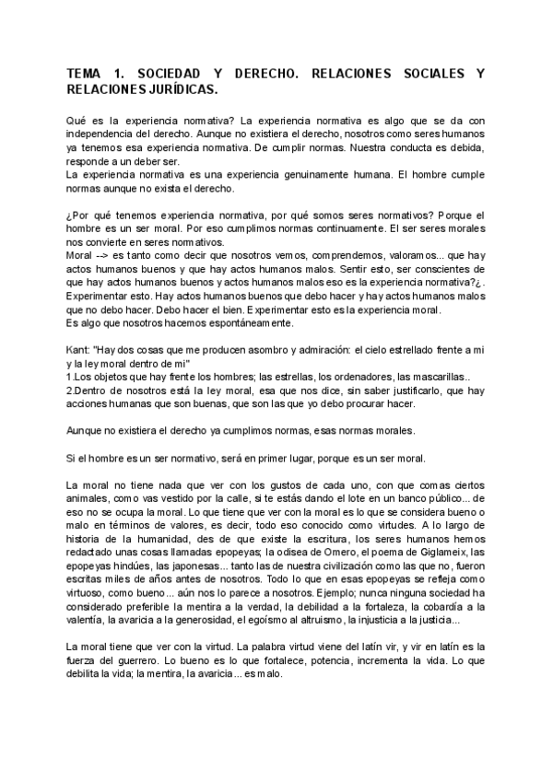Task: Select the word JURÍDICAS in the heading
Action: (182, 89)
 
